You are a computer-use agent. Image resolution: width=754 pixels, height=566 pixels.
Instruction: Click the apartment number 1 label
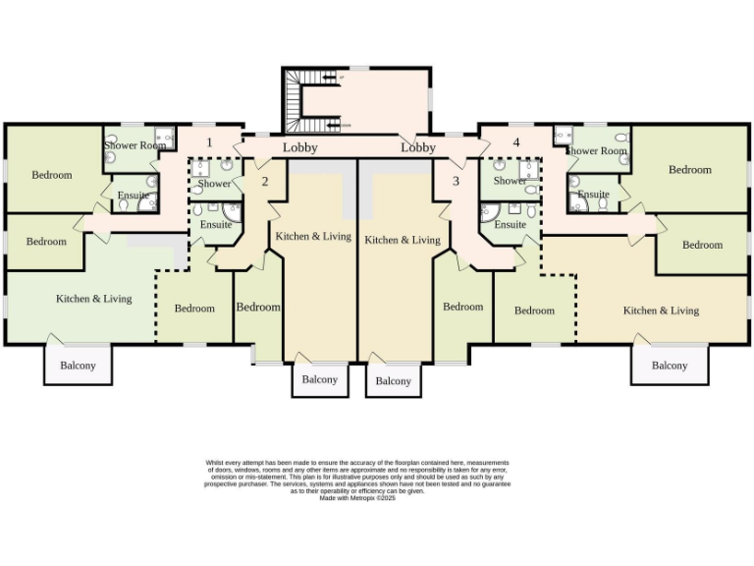click(209, 142)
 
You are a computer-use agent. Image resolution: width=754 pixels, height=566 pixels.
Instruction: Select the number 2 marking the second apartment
click(264, 181)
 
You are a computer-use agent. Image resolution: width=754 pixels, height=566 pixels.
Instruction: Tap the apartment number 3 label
click(456, 181)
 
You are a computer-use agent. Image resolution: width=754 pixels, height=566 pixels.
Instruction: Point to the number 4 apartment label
click(515, 142)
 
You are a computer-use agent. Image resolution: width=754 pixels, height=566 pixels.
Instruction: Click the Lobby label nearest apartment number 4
click(418, 148)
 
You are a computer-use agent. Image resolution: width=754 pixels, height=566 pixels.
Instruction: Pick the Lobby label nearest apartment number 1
click(300, 148)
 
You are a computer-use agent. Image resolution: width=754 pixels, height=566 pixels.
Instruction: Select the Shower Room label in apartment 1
click(135, 145)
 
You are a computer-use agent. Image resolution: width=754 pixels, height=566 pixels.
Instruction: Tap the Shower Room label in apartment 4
click(595, 151)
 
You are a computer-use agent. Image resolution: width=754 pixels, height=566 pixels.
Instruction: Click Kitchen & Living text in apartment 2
click(313, 237)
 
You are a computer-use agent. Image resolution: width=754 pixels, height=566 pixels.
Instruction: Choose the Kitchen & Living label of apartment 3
click(403, 240)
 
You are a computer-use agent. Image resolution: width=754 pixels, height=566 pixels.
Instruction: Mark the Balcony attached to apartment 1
click(79, 366)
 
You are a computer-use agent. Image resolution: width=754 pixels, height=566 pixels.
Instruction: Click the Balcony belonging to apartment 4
click(670, 366)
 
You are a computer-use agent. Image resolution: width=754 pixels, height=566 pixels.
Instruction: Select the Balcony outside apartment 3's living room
click(394, 381)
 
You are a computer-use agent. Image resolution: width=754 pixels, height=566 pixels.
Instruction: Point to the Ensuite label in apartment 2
click(216, 225)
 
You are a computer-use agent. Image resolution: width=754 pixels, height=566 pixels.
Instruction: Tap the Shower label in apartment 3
click(511, 182)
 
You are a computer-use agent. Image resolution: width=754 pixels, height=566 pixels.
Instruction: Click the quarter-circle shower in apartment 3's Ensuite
click(488, 211)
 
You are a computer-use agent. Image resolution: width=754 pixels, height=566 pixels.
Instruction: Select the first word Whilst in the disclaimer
click(214, 462)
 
